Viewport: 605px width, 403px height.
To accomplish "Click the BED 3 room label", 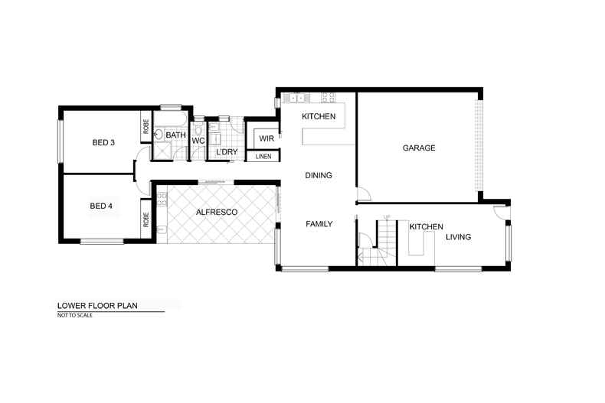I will pyautogui.click(x=103, y=142).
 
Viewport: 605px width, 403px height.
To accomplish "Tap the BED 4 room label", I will pyautogui.click(x=101, y=206).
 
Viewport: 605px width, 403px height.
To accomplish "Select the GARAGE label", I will pyautogui.click(x=419, y=148).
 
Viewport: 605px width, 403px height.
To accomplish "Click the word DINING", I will pyautogui.click(x=319, y=176).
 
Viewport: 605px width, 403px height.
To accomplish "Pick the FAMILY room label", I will pyautogui.click(x=319, y=224).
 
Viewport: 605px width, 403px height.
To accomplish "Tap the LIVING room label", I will pyautogui.click(x=458, y=237).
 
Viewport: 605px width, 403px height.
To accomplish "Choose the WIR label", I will pyautogui.click(x=267, y=138).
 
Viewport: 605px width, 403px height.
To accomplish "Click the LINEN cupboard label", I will pyautogui.click(x=263, y=157).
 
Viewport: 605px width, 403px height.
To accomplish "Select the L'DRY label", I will pyautogui.click(x=226, y=152).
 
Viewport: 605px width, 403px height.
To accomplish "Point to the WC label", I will pyautogui.click(x=198, y=141).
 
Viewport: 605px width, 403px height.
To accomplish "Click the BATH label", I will pyautogui.click(x=176, y=135).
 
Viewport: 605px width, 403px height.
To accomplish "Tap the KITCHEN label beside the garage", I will pyautogui.click(x=319, y=117).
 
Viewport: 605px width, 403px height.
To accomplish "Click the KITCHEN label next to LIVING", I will pyautogui.click(x=427, y=227).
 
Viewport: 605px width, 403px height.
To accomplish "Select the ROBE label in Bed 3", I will pyautogui.click(x=146, y=126).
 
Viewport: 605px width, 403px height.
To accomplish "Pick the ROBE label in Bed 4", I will pyautogui.click(x=146, y=219).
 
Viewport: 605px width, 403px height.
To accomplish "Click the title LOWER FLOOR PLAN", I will pyautogui.click(x=91, y=304).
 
